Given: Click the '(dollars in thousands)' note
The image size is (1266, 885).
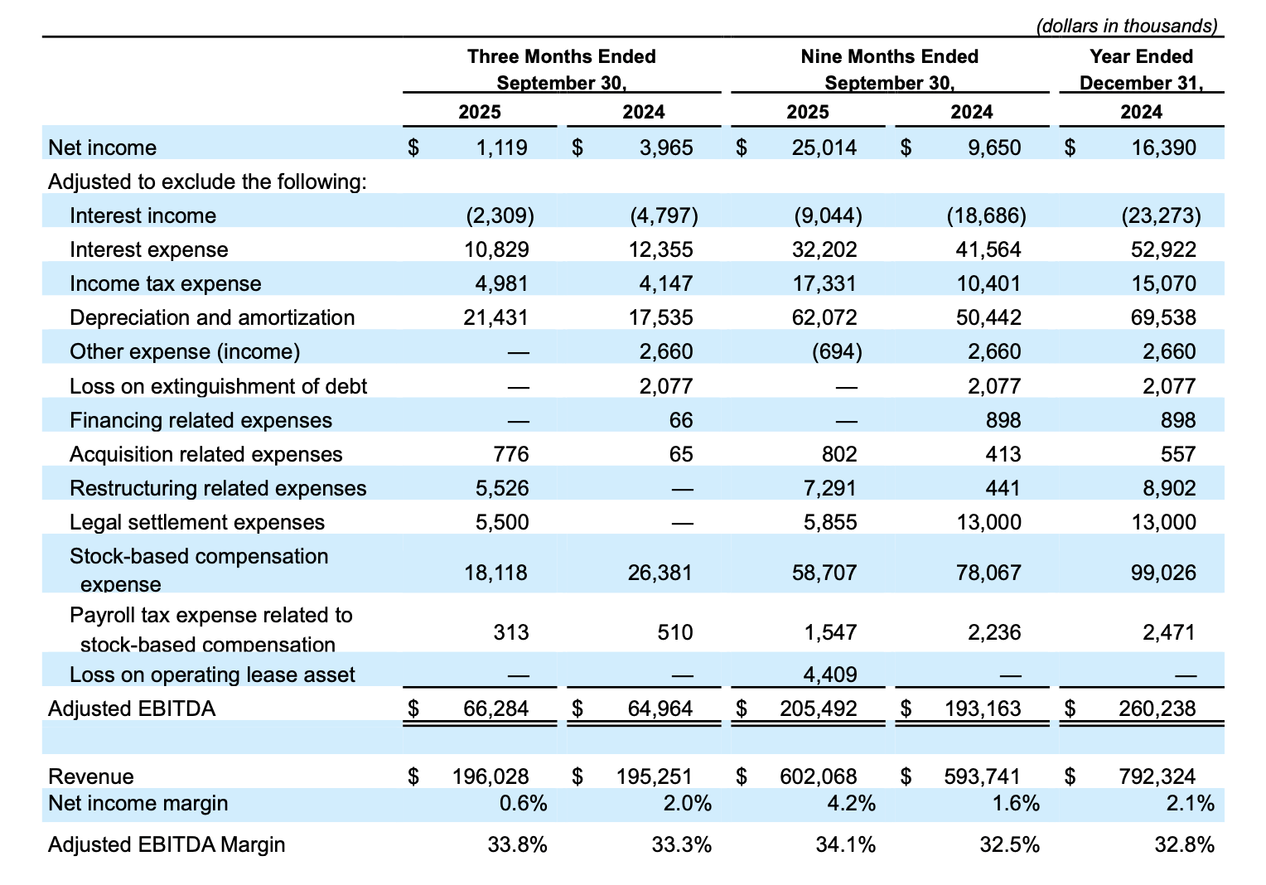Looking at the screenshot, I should (x=1127, y=26).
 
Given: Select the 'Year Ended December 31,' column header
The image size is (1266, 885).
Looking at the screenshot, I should (x=1141, y=70).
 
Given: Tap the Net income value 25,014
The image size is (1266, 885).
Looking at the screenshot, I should (x=824, y=147).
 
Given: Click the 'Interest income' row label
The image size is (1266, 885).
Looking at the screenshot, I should (x=143, y=215).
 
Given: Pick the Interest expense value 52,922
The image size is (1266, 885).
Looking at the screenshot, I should (x=1162, y=249).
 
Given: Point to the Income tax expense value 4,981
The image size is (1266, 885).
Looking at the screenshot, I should (x=501, y=283).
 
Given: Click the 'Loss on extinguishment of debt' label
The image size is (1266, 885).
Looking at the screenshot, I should (x=218, y=386).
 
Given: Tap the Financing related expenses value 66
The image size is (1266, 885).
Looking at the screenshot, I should (x=680, y=420).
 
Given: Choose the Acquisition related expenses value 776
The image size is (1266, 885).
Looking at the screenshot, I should (x=510, y=454).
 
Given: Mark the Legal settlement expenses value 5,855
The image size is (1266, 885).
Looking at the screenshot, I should (x=829, y=522).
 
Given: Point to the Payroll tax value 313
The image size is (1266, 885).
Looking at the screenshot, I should (x=510, y=632).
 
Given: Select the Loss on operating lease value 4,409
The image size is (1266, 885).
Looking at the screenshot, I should (x=829, y=675).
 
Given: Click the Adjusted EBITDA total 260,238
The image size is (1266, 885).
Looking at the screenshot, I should (x=1157, y=708).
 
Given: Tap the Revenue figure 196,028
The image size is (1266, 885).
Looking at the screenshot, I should (x=490, y=776).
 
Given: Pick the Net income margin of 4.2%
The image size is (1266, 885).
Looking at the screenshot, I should (x=856, y=803).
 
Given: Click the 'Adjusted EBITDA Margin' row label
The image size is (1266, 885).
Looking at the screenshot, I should (x=167, y=844).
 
